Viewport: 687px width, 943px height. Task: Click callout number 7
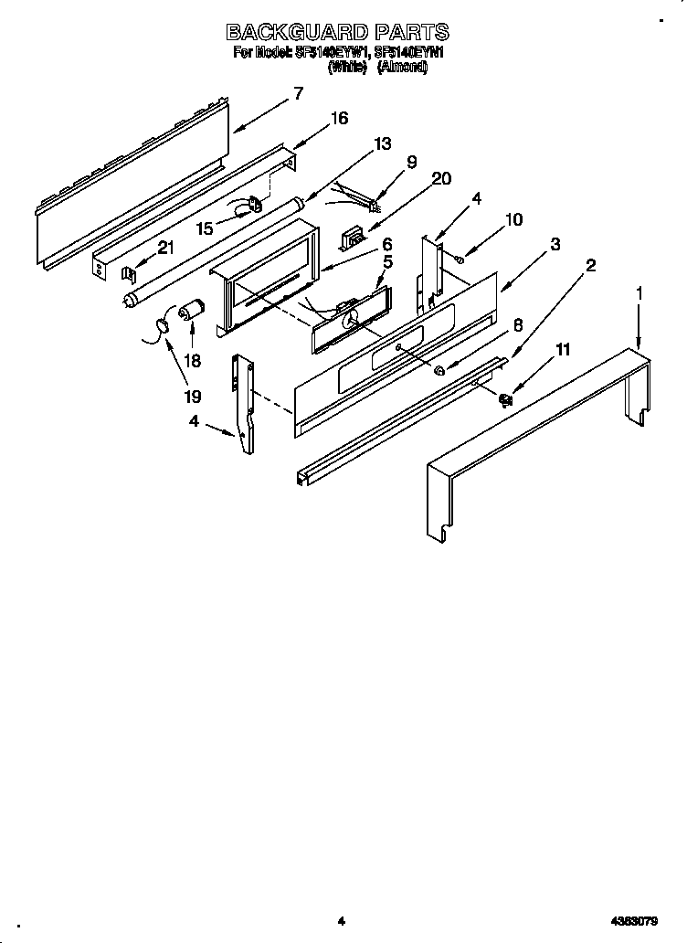tap(298, 93)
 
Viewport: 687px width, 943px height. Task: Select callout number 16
tap(339, 118)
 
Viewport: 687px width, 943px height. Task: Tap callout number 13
tap(382, 143)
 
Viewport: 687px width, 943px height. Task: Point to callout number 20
tap(440, 179)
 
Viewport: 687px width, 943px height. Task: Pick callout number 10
tap(513, 219)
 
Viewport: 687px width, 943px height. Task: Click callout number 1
tap(639, 293)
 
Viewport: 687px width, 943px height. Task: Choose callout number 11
tap(562, 348)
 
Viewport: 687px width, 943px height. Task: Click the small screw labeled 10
tap(460, 260)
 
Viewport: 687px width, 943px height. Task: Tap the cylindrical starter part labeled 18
tap(193, 312)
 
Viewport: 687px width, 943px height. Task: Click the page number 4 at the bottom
tap(340, 922)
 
